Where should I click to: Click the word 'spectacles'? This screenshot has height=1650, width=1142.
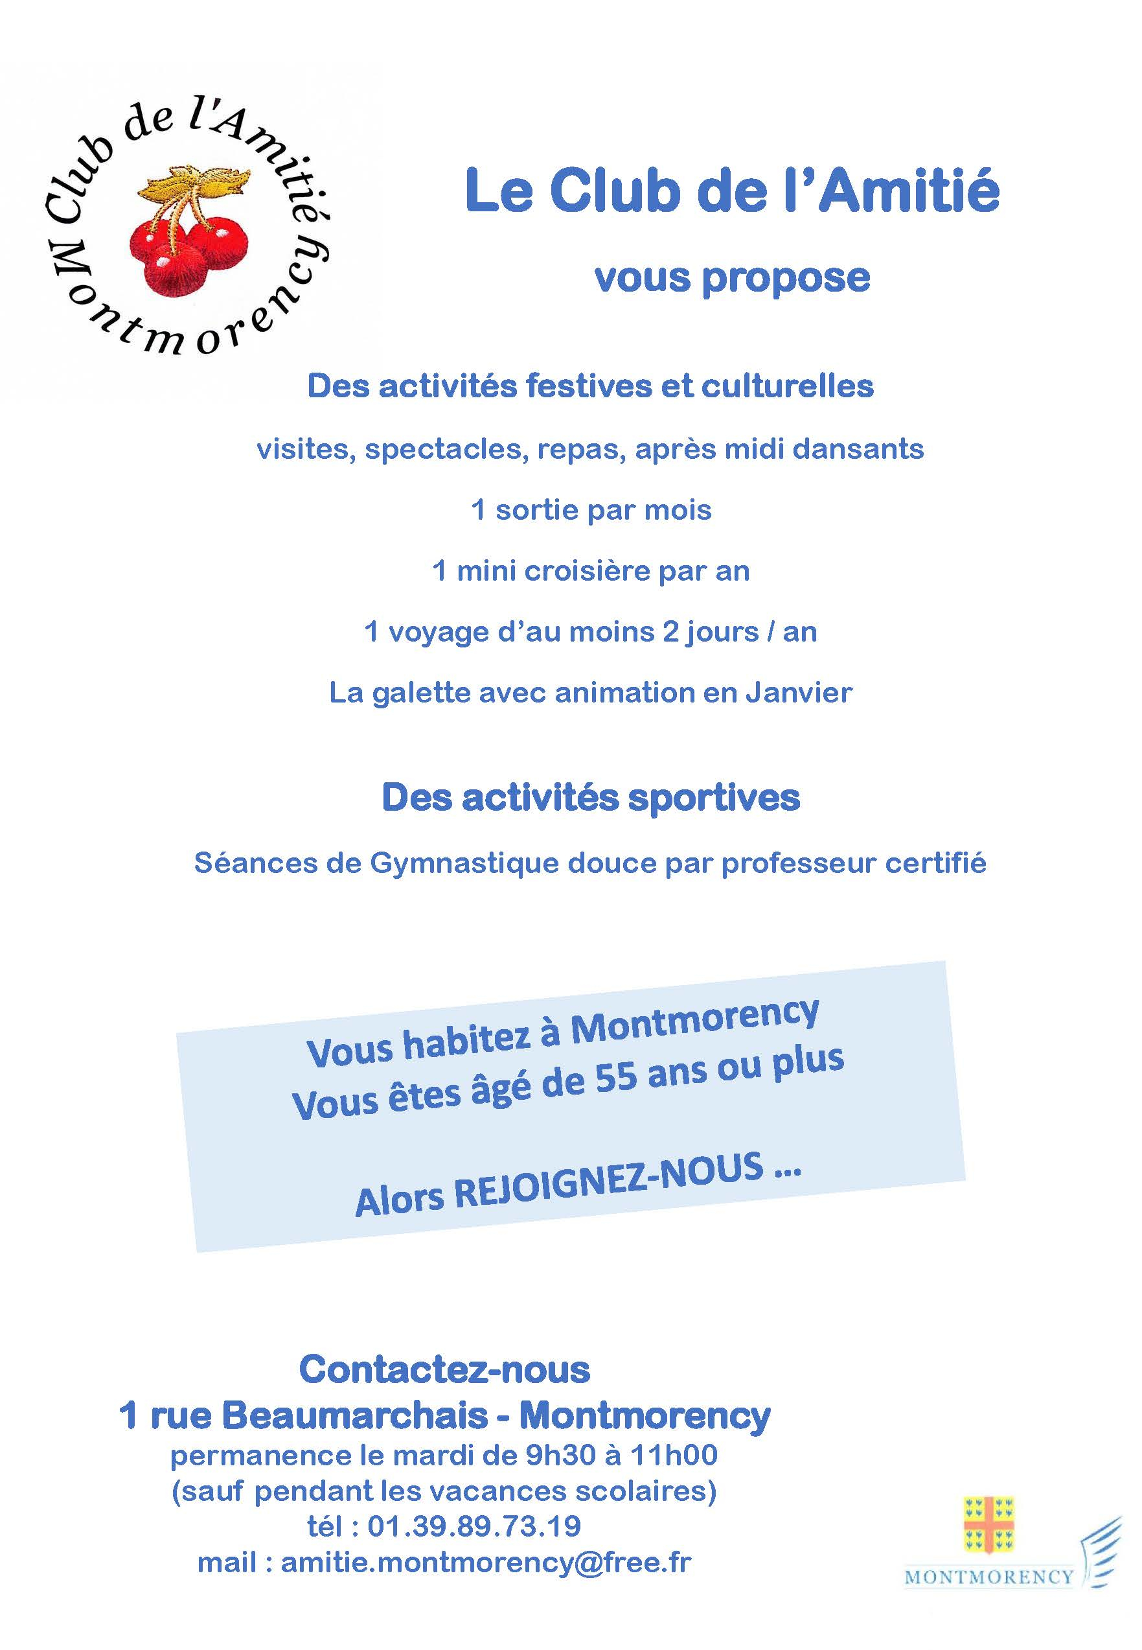(x=446, y=450)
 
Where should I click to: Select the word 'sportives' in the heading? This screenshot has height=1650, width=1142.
(x=713, y=797)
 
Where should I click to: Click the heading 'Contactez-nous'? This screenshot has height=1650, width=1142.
(x=444, y=1369)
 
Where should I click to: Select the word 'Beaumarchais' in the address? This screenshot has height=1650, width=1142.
(x=354, y=1415)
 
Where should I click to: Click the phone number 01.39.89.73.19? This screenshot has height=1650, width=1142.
(x=474, y=1526)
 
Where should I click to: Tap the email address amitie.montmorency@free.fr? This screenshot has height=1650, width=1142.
(x=486, y=1563)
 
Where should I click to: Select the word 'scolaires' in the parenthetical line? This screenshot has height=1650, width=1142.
(x=648, y=1491)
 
